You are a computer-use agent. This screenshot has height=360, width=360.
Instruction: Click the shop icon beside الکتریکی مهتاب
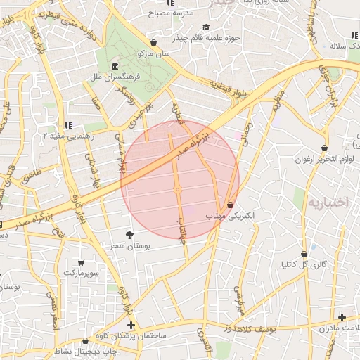pos(231,204)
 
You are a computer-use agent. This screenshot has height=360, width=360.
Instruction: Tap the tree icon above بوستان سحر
pos(129,235)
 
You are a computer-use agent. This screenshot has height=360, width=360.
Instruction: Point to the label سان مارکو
pos(154,53)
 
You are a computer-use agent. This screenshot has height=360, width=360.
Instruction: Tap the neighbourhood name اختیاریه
pos(328,202)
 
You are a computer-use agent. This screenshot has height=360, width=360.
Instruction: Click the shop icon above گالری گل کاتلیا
pos(304,254)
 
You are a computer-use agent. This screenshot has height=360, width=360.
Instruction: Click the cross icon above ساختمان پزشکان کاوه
pos(131,325)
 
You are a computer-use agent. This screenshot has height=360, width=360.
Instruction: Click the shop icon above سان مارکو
pos(154,42)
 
